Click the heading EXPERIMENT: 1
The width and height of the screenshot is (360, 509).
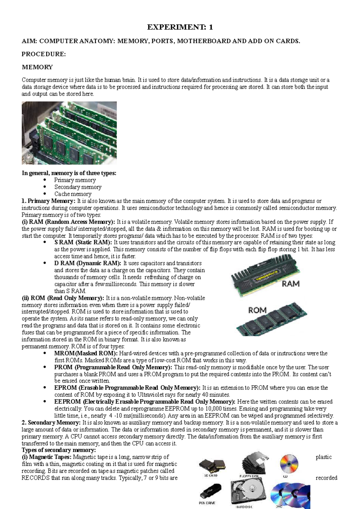point(180,27)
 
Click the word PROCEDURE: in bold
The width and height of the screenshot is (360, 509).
point(43,54)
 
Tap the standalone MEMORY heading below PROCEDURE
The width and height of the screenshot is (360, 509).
point(37,67)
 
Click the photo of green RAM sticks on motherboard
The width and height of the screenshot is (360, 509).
point(69,133)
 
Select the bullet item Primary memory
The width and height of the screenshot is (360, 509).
point(75,180)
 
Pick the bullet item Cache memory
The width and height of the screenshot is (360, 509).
point(73,194)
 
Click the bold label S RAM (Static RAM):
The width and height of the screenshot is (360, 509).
point(83,242)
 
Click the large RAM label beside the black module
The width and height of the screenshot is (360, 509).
point(290,284)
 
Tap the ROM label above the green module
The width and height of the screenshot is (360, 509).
point(257,310)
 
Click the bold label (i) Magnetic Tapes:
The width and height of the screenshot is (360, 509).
point(46,457)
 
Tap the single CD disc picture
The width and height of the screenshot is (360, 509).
point(289,463)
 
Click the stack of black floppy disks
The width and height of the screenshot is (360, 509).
point(254,463)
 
